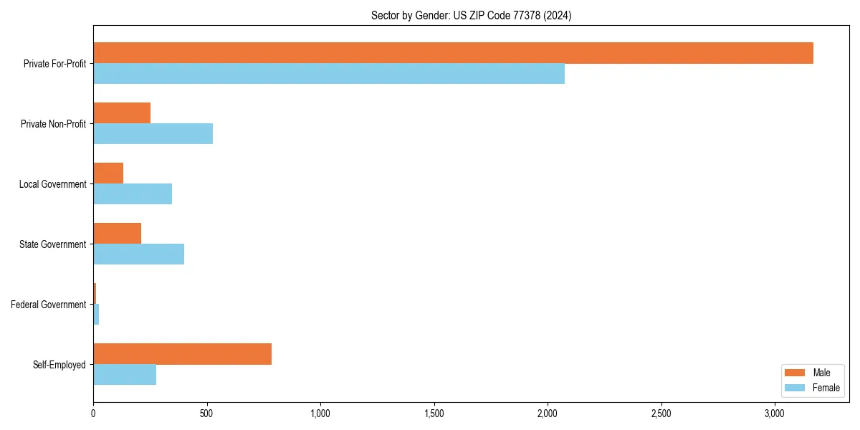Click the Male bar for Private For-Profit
(453, 53)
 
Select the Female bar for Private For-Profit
(329, 74)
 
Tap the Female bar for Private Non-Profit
(153, 134)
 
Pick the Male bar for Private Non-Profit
(122, 113)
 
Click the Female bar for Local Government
(133, 194)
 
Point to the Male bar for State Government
(117, 234)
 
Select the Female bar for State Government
(138, 254)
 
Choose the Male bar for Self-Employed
(182, 354)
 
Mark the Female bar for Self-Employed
(125, 375)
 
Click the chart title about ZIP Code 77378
(471, 15)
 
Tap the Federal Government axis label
(49, 305)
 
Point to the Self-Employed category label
(59, 365)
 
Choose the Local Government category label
(53, 184)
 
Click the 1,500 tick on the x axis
(434, 414)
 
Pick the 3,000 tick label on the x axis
(775, 414)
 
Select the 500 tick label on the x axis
(206, 414)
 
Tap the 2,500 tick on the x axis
(661, 414)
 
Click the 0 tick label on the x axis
(93, 414)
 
